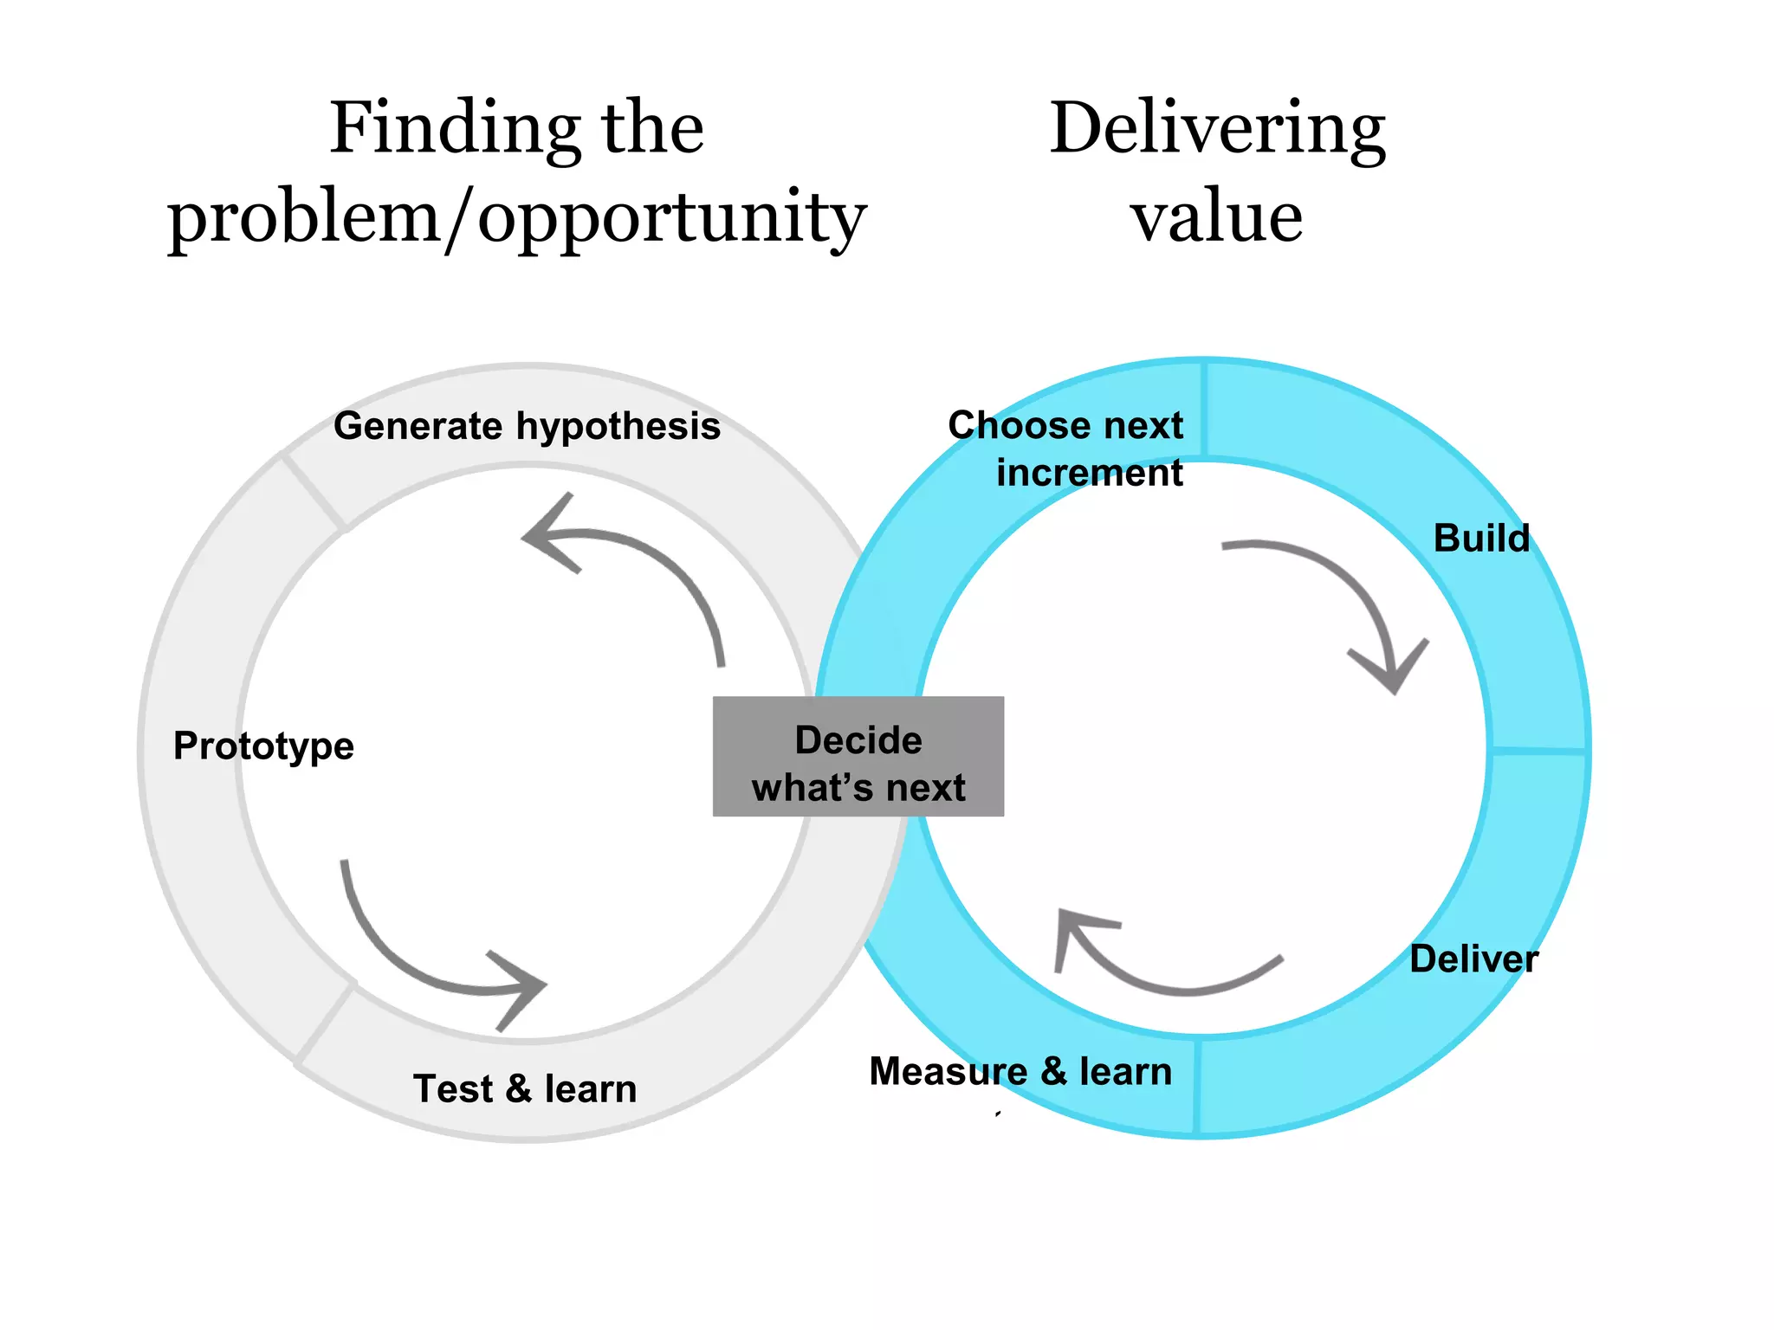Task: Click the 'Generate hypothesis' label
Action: point(527,426)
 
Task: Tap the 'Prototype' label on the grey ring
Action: point(263,746)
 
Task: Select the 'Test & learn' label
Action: point(525,1088)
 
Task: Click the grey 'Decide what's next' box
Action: point(858,757)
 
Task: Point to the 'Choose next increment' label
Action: point(1067,449)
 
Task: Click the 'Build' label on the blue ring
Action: point(1481,538)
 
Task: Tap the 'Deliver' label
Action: point(1473,959)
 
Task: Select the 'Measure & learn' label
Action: point(1020,1071)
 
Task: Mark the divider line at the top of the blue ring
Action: point(1204,409)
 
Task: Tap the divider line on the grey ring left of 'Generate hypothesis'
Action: point(314,491)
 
